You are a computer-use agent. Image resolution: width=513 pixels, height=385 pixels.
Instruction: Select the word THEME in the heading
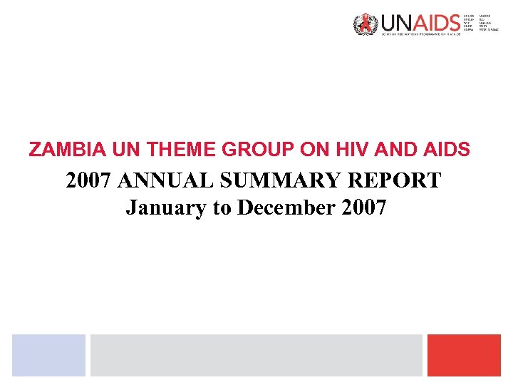(x=172, y=150)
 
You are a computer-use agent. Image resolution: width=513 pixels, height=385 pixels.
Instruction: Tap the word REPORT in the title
(x=395, y=180)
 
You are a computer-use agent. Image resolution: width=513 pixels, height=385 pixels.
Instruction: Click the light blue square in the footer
(x=48, y=355)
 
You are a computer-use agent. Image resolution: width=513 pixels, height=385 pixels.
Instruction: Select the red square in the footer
(x=464, y=355)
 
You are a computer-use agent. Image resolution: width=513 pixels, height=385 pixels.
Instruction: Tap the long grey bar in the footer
(x=256, y=355)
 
